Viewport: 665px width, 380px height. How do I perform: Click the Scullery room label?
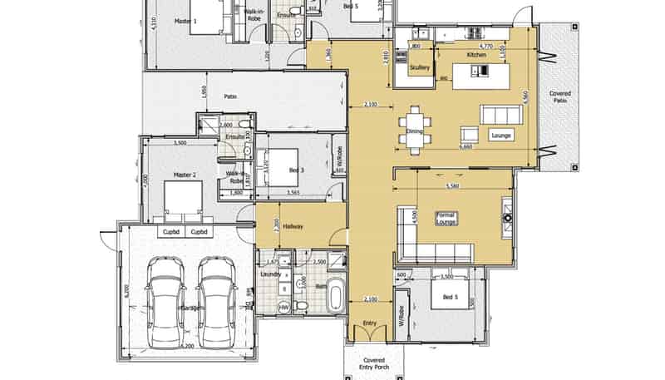point(419,67)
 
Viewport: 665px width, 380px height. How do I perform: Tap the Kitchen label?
point(475,54)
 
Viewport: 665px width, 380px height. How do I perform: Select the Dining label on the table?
point(415,131)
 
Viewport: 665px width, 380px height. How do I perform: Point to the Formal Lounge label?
point(446,218)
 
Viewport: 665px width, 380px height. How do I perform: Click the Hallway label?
point(292,225)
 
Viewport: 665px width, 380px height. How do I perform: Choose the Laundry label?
point(268,272)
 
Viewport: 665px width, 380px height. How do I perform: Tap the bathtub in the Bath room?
point(335,296)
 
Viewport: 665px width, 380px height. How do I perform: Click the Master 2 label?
point(184,175)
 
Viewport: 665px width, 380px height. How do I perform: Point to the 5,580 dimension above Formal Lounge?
point(453,186)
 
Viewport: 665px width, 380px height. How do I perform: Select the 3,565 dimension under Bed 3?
point(293,193)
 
